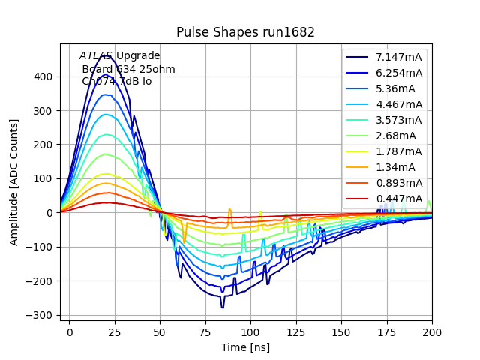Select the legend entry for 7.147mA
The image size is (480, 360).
pos(399,57)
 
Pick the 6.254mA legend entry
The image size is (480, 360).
pos(399,73)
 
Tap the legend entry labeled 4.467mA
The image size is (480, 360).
pos(399,104)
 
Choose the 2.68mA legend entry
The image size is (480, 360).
pos(396,136)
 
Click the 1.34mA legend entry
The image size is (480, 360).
pos(396,167)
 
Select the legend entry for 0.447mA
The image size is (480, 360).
pos(399,199)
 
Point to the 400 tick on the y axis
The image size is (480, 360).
pos(45,76)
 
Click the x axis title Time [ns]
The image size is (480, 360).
pos(245,347)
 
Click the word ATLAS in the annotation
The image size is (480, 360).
pos(96,56)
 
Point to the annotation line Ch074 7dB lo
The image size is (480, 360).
pos(116,81)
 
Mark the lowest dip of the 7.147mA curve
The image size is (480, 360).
pos(222,307)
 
